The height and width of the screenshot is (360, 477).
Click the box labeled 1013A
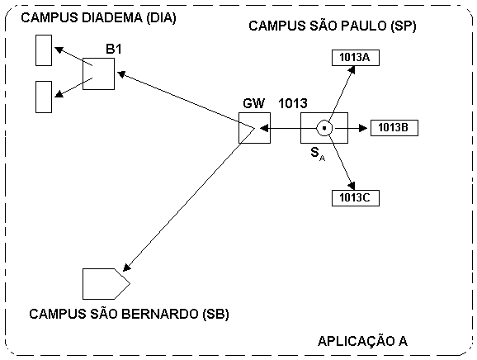point(356,58)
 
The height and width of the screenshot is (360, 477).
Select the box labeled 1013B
point(394,128)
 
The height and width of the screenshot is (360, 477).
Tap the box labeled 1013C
point(356,198)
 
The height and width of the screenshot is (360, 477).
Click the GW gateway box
point(254,128)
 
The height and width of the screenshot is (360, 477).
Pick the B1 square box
point(98,74)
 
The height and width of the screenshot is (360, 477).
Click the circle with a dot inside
point(324,128)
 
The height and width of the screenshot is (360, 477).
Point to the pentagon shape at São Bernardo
point(106,284)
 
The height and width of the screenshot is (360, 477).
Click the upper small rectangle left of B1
point(44,50)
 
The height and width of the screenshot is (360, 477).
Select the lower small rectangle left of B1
point(44,97)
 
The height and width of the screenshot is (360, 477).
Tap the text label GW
point(253,103)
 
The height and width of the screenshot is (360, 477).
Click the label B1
point(113,49)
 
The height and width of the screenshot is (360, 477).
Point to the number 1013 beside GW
point(293,103)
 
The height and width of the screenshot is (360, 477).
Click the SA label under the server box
point(318,154)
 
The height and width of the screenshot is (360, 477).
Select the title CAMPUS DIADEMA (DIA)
point(98,17)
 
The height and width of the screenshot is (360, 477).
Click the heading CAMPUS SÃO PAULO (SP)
point(333,26)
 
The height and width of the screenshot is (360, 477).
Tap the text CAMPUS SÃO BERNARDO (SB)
point(129,314)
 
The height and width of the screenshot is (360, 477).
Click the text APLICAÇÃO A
point(362,341)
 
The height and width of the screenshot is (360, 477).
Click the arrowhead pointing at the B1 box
point(121,74)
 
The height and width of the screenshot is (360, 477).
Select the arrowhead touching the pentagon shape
point(127,267)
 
